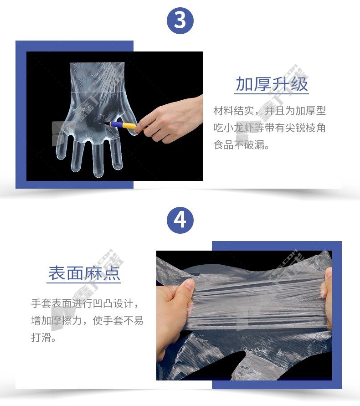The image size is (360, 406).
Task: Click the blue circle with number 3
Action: (180, 20)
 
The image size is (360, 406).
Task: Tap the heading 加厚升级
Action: (272, 84)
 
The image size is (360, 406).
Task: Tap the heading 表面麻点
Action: (84, 273)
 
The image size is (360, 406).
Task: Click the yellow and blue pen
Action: (122, 125)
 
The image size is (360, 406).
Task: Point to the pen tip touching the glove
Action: (104, 123)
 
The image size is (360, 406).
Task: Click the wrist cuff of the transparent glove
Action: (97, 77)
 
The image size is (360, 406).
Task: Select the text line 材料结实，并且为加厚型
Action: (270, 111)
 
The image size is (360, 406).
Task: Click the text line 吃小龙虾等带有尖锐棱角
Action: (270, 128)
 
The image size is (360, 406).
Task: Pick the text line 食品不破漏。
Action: (242, 144)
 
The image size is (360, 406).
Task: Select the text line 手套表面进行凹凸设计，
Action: (85, 303)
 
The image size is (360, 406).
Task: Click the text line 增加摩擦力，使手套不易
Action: (87, 320)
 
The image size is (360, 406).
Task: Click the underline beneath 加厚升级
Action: (272, 93)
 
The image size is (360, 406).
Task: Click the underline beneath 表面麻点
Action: (84, 283)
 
